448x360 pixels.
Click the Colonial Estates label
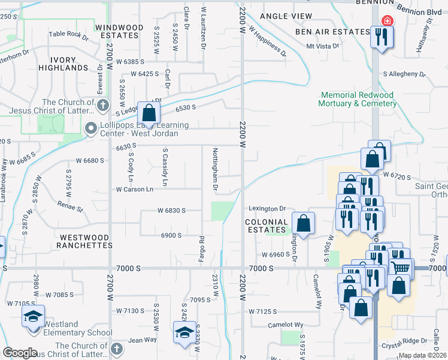coord(267,226)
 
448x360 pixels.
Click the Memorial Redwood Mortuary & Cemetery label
coord(359,99)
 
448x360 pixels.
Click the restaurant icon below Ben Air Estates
coord(379,38)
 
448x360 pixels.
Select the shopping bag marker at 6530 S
coord(148,112)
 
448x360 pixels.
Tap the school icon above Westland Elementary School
coord(34,316)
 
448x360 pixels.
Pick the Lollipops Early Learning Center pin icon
coord(91,128)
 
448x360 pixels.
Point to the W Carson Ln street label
coord(135,189)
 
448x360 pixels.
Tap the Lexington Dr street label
coord(267,209)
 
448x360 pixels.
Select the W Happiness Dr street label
coord(267,40)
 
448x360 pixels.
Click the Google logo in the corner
coord(20,352)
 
